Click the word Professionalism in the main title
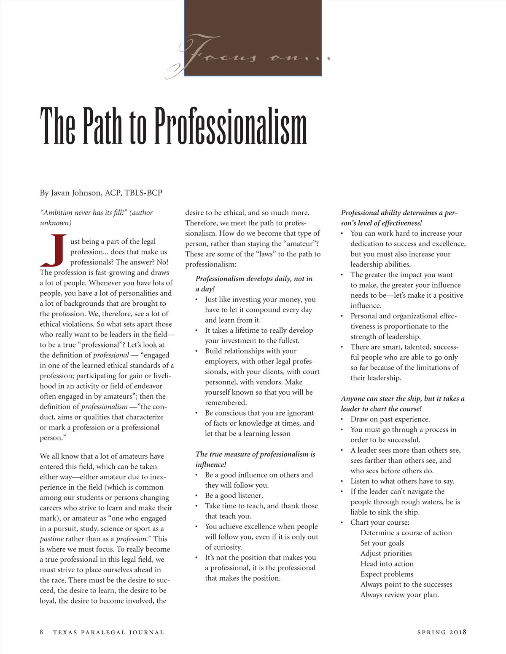pyautogui.click(x=231, y=126)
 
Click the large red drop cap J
pyautogui.click(x=54, y=251)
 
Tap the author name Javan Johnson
pyautogui.click(x=76, y=193)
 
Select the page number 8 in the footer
pyautogui.click(x=41, y=632)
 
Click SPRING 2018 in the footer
pyautogui.click(x=441, y=632)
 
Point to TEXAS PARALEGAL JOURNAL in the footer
pyautogui.click(x=108, y=632)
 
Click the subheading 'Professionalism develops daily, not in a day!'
pyautogui.click(x=254, y=283)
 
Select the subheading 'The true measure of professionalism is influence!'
pyautogui.click(x=255, y=459)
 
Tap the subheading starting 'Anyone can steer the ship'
pyautogui.click(x=402, y=403)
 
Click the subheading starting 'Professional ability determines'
pyautogui.click(x=398, y=218)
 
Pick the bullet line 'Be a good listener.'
pyautogui.click(x=234, y=495)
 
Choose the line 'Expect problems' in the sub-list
pyautogui.click(x=387, y=574)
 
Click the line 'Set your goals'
pyautogui.click(x=382, y=543)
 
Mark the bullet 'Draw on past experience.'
pyautogui.click(x=390, y=419)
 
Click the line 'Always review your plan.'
pyautogui.click(x=399, y=595)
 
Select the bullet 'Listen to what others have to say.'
pyautogui.click(x=402, y=481)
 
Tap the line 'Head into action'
pyautogui.click(x=387, y=563)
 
